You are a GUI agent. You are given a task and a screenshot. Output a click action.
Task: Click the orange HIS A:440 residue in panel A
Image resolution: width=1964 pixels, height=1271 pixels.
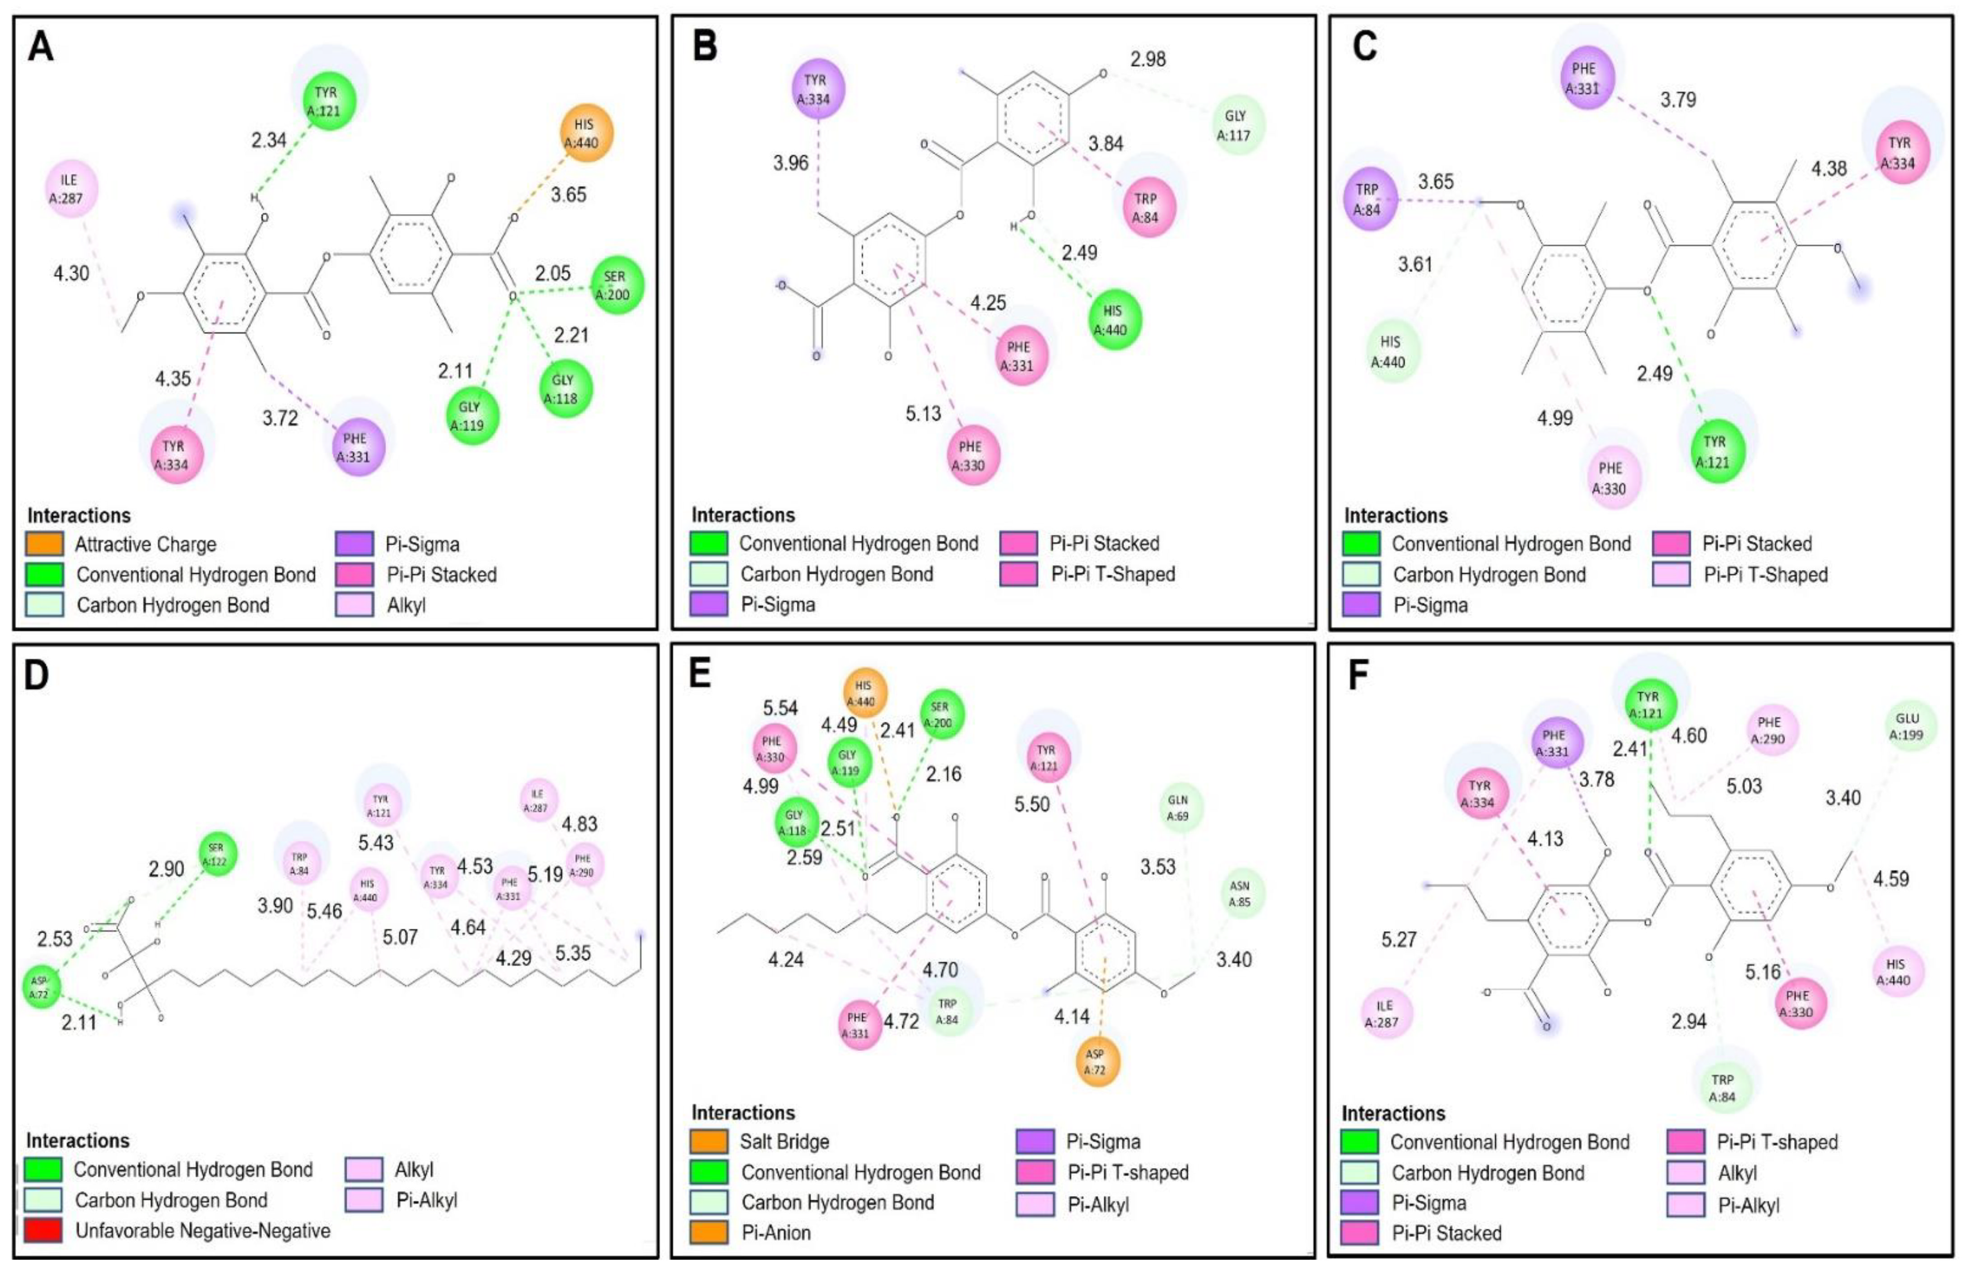tap(585, 133)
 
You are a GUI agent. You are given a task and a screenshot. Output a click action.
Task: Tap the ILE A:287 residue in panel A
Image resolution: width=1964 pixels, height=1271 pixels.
tap(71, 189)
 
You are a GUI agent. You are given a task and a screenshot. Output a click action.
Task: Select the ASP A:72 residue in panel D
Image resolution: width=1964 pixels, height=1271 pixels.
tap(41, 987)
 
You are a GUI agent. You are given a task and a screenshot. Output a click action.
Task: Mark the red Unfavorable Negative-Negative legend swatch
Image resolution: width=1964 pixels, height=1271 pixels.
tap(43, 1230)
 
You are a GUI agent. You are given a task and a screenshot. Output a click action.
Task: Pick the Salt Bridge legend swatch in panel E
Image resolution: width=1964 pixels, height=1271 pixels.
tap(709, 1141)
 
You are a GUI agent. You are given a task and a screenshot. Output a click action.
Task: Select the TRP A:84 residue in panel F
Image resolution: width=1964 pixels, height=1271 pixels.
tap(1722, 1088)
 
